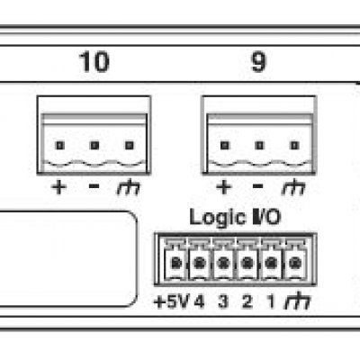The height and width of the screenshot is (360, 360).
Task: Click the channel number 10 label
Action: pyautogui.click(x=94, y=62)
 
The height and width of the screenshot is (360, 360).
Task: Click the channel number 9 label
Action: pyautogui.click(x=258, y=62)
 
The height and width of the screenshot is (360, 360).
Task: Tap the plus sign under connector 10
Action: pyautogui.click(x=59, y=187)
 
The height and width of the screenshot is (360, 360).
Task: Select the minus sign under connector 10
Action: pyautogui.click(x=94, y=186)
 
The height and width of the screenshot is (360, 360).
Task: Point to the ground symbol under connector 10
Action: pyautogui.click(x=129, y=187)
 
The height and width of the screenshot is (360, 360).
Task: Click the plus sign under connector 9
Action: pyautogui.click(x=224, y=187)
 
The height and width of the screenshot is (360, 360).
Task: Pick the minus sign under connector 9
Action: pyautogui.click(x=258, y=186)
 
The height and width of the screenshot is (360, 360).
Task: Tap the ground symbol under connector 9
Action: pyautogui.click(x=293, y=187)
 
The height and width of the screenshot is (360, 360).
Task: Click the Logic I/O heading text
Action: pyautogui.click(x=235, y=217)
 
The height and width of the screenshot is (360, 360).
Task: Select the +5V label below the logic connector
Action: pyautogui.click(x=171, y=301)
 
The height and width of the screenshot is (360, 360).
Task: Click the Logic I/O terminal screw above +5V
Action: pyautogui.click(x=176, y=264)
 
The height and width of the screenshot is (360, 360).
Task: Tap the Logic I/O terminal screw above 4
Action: pyautogui.click(x=200, y=264)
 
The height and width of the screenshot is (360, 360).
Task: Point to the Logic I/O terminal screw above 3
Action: pyautogui.click(x=223, y=264)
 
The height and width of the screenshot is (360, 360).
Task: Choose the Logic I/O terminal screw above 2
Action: pyautogui.click(x=247, y=264)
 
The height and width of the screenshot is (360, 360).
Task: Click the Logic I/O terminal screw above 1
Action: pyautogui.click(x=271, y=264)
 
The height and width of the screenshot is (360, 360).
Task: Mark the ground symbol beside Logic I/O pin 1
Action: pyautogui.click(x=298, y=301)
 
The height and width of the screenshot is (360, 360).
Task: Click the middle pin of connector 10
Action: pyautogui.click(x=94, y=146)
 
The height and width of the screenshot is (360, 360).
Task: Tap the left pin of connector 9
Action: pyautogui.click(x=225, y=146)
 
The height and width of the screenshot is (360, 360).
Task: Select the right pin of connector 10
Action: pyautogui.click(x=130, y=146)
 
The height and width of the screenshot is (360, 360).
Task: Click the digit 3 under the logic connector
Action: pyautogui.click(x=223, y=301)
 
